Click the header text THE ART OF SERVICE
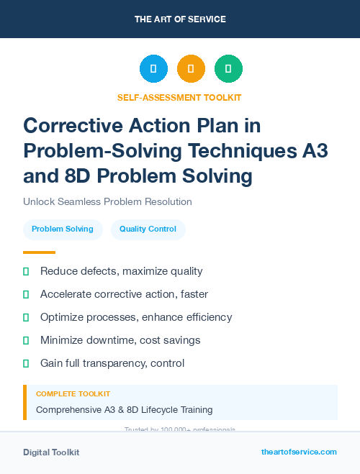click(180, 19)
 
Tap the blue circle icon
click(153, 69)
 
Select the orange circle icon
click(191, 69)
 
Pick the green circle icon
click(228, 69)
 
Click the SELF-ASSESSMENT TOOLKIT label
click(179, 97)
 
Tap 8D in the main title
click(75, 176)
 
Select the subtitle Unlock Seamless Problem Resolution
click(107, 201)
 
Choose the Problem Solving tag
click(63, 229)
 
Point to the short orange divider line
click(39, 252)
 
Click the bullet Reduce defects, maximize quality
click(121, 271)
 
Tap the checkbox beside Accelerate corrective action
click(27, 294)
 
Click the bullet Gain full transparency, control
click(112, 363)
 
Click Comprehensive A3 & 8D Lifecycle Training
click(124, 409)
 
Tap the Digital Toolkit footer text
click(51, 452)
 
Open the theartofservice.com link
click(299, 452)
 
